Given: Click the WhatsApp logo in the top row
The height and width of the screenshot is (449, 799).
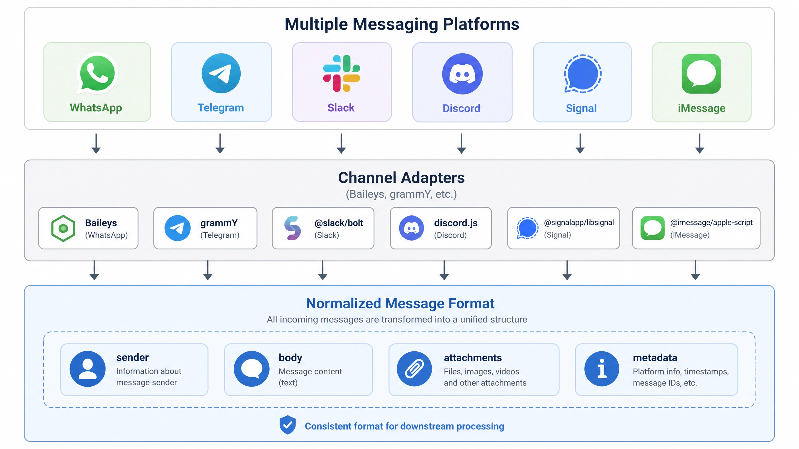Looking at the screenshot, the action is click(97, 73).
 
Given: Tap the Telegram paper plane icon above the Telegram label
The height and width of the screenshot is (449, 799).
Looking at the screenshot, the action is click(221, 73).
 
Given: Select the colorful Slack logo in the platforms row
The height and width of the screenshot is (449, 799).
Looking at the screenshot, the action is click(341, 73).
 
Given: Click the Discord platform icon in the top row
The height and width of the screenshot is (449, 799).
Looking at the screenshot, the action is click(462, 74).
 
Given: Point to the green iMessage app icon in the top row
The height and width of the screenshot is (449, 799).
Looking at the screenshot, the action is click(701, 74).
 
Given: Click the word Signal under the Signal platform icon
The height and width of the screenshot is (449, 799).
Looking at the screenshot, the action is click(581, 108).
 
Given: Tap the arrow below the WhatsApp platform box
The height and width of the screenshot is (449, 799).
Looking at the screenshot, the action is click(96, 144).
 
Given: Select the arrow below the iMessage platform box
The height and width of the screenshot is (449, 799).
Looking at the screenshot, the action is click(700, 144).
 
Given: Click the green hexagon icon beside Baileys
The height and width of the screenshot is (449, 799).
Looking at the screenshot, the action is click(63, 228).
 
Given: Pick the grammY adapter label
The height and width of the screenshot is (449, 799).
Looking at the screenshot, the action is click(219, 223).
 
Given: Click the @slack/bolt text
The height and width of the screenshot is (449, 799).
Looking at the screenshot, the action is click(339, 223).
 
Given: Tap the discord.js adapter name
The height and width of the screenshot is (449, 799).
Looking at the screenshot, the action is click(456, 223).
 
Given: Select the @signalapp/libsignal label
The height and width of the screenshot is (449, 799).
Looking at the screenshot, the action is click(579, 222).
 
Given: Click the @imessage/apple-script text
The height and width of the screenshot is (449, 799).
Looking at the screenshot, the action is click(711, 222).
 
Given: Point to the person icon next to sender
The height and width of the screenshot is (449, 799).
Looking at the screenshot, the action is click(87, 369).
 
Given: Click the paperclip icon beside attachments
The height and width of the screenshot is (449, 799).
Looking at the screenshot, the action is click(414, 369).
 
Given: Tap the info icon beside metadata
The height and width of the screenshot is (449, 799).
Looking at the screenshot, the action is click(602, 369).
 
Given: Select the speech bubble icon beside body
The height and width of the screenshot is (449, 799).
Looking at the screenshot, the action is click(252, 369).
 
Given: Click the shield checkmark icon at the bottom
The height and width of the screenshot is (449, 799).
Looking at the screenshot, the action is click(287, 425).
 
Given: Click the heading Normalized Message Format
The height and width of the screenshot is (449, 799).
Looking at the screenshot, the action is click(400, 303).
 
